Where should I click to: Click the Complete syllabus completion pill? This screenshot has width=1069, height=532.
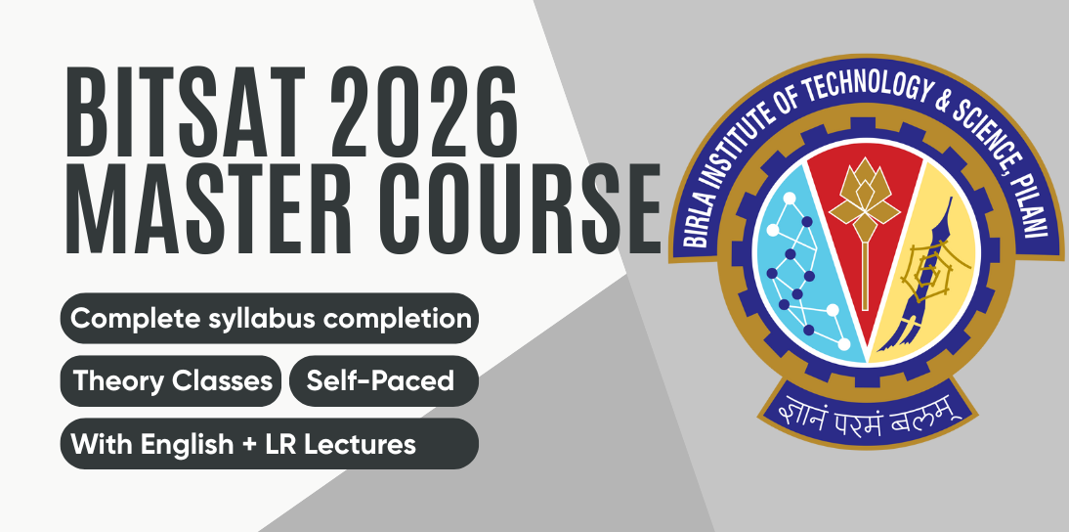coord(270,319)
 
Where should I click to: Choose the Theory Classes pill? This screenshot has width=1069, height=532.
coord(172,381)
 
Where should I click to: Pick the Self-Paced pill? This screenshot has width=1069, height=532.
coord(383,381)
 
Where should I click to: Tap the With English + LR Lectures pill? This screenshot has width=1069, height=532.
coord(270,444)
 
